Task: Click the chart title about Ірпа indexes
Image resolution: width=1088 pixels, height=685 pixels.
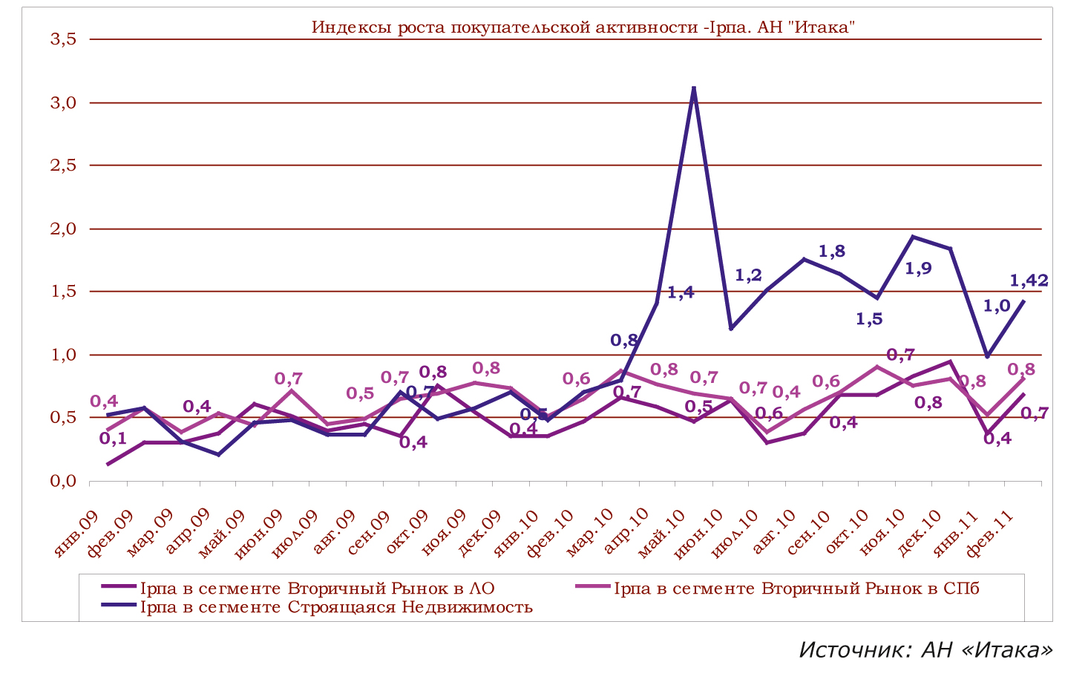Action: (x=584, y=27)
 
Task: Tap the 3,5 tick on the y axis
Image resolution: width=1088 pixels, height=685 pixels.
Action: (x=63, y=39)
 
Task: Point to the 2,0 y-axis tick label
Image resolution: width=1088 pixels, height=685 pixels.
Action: (x=63, y=229)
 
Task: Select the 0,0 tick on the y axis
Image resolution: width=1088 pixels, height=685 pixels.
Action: (x=63, y=481)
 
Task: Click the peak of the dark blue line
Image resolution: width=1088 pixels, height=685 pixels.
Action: (x=693, y=88)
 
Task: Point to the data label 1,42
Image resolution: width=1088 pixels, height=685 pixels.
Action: (x=1029, y=281)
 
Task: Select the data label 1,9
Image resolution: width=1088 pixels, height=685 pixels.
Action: (x=918, y=269)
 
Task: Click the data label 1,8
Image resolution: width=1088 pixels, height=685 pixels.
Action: (x=831, y=252)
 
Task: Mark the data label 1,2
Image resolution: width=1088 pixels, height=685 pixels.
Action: (x=748, y=275)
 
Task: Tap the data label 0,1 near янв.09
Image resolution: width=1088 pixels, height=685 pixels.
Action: (x=113, y=439)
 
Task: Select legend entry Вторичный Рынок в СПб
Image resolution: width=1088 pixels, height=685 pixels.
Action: (x=796, y=589)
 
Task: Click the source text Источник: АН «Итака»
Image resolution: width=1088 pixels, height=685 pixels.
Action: (x=925, y=650)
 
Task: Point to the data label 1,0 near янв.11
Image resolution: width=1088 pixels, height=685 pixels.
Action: (x=997, y=306)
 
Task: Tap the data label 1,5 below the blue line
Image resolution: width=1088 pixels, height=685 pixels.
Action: (x=869, y=319)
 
